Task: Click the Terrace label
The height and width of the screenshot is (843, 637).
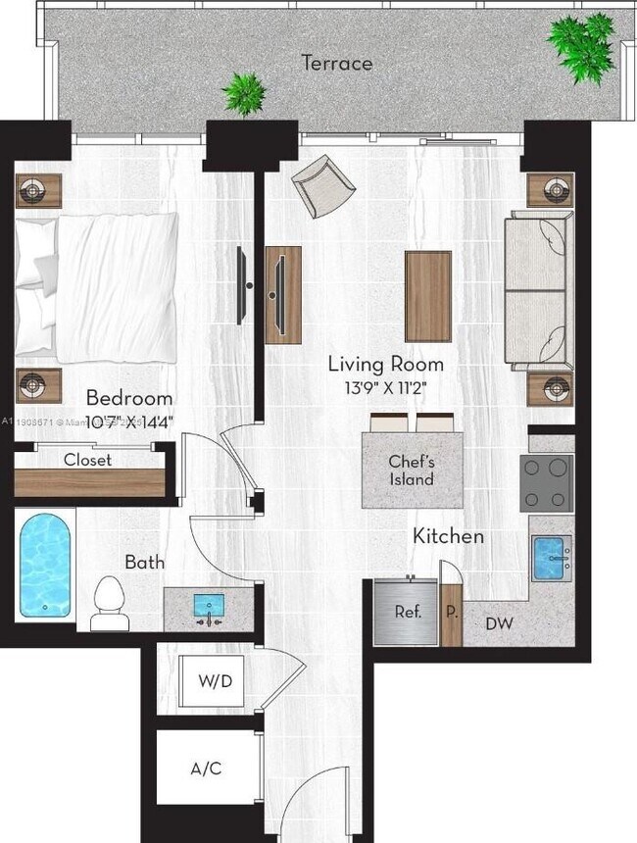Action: point(336,64)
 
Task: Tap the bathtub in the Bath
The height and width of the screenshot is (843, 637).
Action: point(46,567)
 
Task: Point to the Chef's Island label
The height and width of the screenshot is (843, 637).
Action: point(412,471)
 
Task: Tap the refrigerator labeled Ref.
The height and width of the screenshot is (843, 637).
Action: point(407,612)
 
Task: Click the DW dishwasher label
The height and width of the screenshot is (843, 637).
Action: point(498,623)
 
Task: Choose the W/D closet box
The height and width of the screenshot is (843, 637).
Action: point(214,681)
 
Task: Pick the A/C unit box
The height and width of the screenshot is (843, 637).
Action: point(205,768)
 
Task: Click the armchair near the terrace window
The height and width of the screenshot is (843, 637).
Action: point(323,185)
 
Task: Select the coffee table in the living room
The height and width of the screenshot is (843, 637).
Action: point(428,297)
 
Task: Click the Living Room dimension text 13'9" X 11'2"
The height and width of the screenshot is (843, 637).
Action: point(385,387)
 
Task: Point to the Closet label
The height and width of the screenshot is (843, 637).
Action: point(87,460)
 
